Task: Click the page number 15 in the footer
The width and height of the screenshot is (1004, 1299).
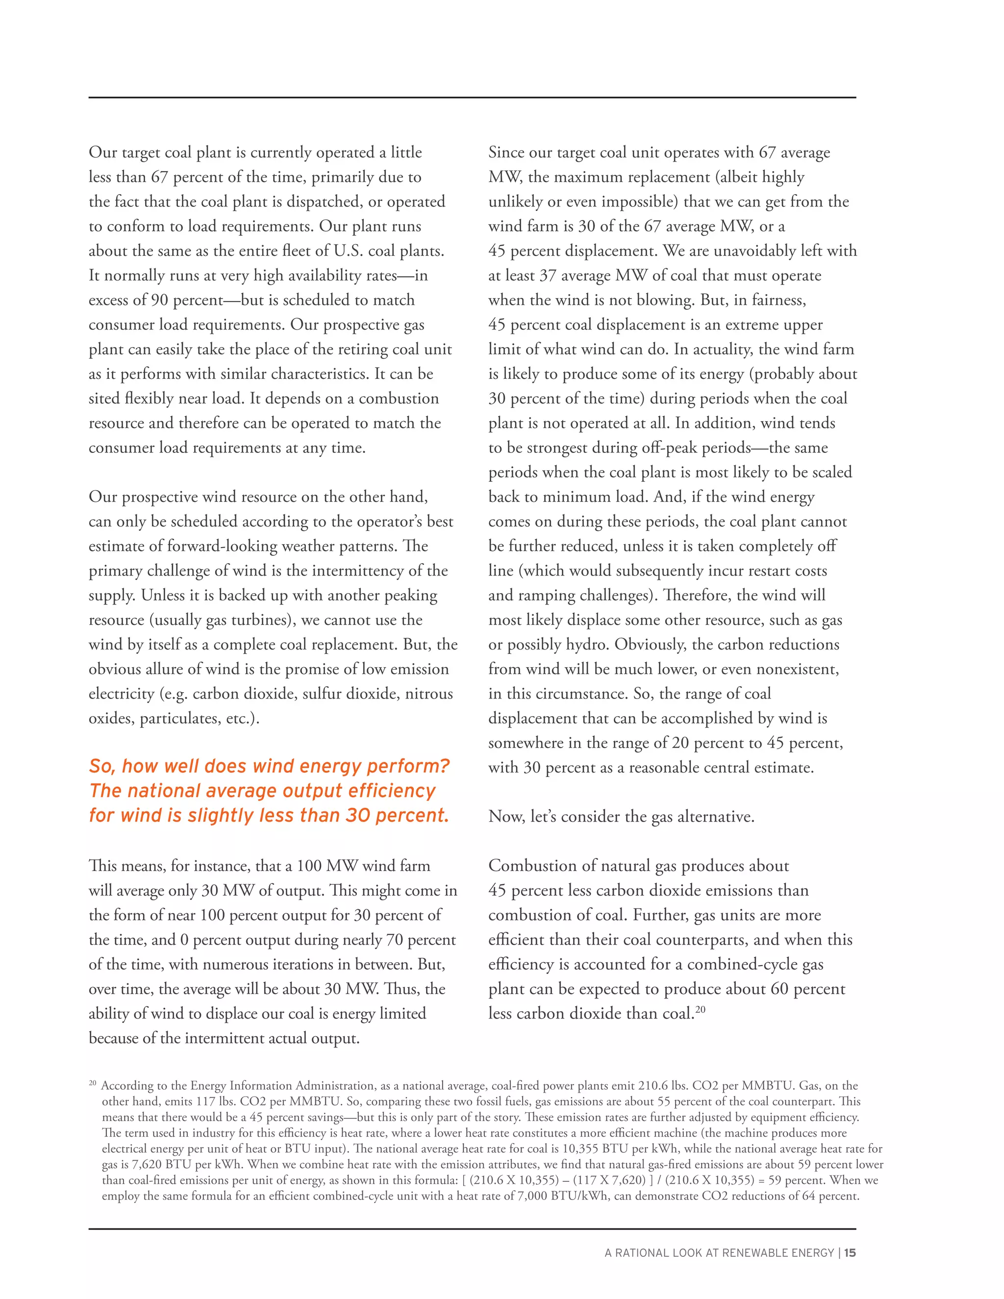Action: [x=850, y=1252]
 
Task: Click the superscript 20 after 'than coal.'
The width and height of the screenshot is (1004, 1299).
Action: [x=700, y=1009]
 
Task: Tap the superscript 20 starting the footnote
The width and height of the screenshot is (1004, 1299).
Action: [x=92, y=1083]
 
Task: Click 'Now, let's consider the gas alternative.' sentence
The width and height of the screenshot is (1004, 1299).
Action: [x=621, y=817]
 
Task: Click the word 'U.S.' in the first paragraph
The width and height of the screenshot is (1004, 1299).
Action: [x=348, y=250]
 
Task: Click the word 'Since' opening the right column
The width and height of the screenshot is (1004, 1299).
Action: [x=505, y=152]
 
